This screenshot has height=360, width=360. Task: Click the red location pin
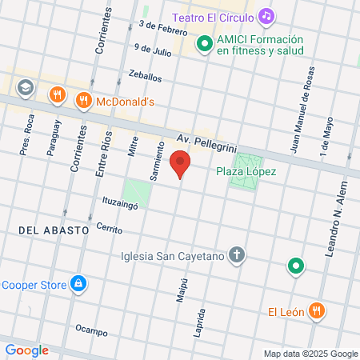point(181,166)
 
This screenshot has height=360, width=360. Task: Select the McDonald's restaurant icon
point(83,101)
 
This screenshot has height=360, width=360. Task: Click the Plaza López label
point(246,171)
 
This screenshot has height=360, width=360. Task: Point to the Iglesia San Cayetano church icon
point(237,256)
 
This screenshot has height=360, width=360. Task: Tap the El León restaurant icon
point(318,311)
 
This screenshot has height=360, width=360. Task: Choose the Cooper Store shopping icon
point(78,282)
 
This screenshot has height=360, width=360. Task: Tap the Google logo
point(26,350)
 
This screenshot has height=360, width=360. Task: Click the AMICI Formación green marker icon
point(204,45)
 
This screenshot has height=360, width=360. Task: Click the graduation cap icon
point(26,86)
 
